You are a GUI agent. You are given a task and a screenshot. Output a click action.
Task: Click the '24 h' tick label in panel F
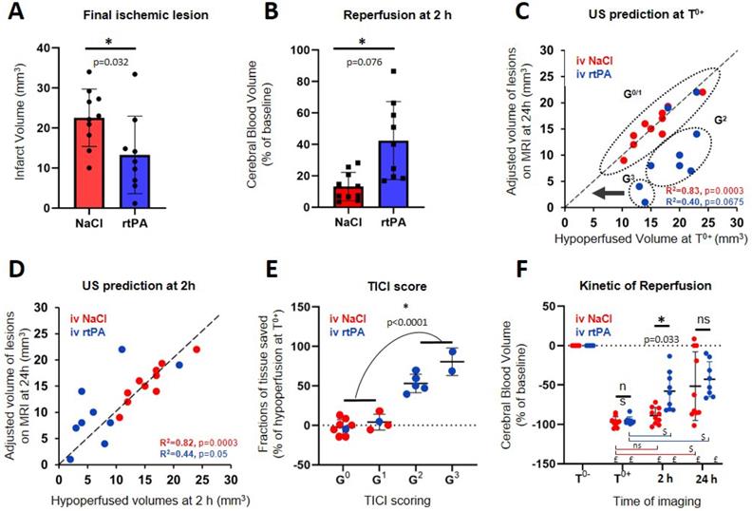(x=704, y=481)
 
